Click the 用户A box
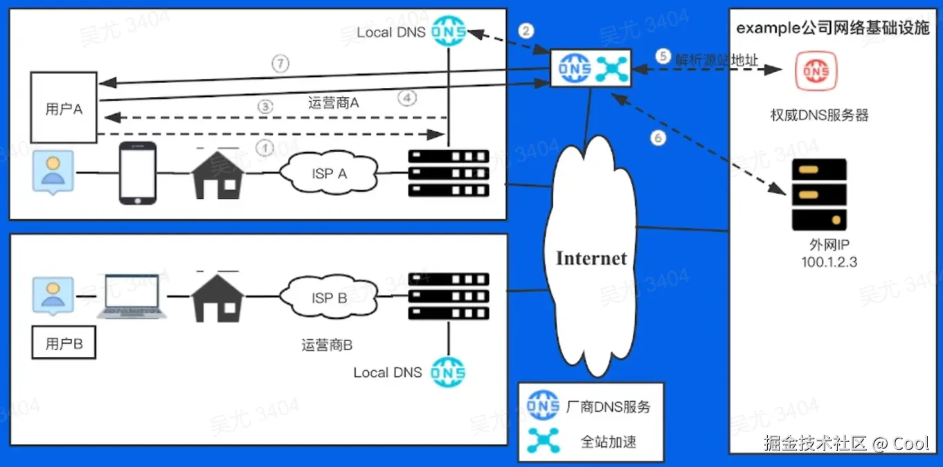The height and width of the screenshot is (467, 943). point(64,108)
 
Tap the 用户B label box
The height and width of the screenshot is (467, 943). point(64,343)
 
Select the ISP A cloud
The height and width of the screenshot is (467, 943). point(329,172)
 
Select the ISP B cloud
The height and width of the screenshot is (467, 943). point(329,297)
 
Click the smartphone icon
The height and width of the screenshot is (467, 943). point(138,173)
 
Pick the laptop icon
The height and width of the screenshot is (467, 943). point(132,296)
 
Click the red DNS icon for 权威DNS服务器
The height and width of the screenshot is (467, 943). point(816,71)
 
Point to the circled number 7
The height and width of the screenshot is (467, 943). point(280,64)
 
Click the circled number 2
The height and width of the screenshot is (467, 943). point(526,30)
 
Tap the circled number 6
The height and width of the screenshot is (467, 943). point(658,138)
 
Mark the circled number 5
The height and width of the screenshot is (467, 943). point(663,56)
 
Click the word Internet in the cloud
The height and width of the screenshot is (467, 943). point(591,258)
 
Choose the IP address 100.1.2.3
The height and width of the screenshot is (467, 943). point(829,262)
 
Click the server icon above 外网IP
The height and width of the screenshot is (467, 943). point(819,194)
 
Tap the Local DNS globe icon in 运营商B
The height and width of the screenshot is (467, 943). point(448,372)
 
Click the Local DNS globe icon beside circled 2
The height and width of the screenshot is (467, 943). point(449,30)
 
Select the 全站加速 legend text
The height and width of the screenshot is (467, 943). point(609,442)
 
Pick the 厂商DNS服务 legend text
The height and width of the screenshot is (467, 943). point(609,406)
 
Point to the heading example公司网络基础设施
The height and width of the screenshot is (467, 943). point(833,28)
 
